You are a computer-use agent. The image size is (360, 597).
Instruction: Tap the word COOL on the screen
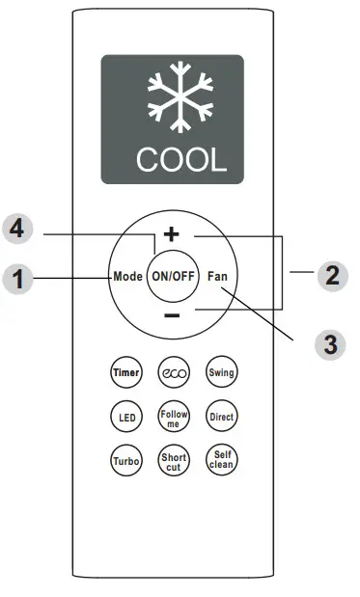tap(173, 158)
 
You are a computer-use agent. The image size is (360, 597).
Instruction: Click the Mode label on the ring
tap(127, 275)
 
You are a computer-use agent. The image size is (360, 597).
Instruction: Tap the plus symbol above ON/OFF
tap(172, 234)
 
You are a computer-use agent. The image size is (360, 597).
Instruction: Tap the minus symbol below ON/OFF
tap(172, 316)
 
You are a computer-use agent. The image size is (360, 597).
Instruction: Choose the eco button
tap(174, 373)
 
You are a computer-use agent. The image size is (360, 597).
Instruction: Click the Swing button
tap(222, 373)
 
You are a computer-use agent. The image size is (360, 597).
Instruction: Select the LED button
tap(126, 418)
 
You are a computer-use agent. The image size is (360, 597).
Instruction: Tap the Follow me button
tap(174, 418)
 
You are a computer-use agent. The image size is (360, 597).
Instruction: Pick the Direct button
tap(222, 418)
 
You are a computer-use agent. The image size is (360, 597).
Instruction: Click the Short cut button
tap(174, 462)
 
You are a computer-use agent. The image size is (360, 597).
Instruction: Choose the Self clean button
tap(222, 462)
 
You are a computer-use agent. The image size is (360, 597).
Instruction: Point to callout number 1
tap(16, 280)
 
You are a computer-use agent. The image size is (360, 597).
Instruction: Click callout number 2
tap(331, 276)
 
